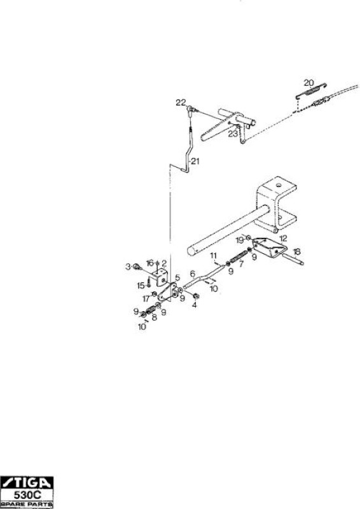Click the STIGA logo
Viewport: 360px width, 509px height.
point(26,483)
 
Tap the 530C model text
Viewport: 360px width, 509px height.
point(27,495)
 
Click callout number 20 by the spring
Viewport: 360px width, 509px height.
point(308,83)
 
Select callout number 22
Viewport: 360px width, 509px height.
point(181,102)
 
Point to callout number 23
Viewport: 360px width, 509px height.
point(233,134)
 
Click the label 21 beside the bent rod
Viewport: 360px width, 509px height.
point(195,161)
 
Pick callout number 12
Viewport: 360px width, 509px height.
point(283,239)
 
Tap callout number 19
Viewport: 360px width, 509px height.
point(240,241)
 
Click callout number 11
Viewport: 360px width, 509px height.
point(213,255)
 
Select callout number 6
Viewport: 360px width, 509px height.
point(193,274)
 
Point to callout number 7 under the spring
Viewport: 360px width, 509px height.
point(241,264)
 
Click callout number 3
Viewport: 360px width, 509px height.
point(128,267)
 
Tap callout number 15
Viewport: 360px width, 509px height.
point(141,286)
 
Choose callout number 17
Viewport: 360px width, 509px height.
point(146,298)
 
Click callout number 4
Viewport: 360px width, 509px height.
point(194,305)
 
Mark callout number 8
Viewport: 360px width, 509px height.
point(155,317)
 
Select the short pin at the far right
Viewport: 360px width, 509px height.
point(293,260)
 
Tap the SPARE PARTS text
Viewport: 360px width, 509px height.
point(27,505)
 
